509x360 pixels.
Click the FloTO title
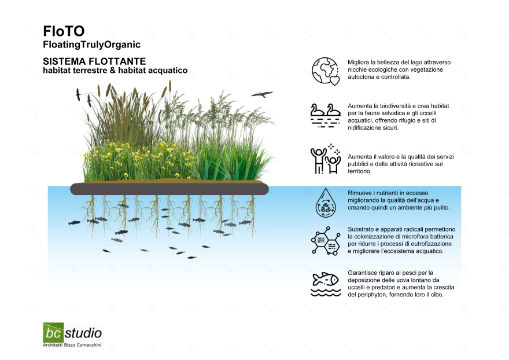point(64,31)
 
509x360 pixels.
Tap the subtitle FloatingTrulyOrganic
point(91,45)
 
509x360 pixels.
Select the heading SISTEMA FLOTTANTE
point(94,61)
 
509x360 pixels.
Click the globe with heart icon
point(326,71)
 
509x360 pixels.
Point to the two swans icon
point(325,115)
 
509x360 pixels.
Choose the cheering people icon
point(325,159)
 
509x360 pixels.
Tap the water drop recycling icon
point(326,203)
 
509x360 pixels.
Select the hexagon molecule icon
point(326,240)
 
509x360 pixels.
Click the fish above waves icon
point(326,284)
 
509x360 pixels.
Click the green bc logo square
point(53,332)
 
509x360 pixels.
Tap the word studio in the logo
point(83,333)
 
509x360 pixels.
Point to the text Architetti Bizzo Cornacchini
point(72,345)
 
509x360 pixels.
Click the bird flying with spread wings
point(261,94)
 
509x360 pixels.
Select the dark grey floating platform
point(169,189)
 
